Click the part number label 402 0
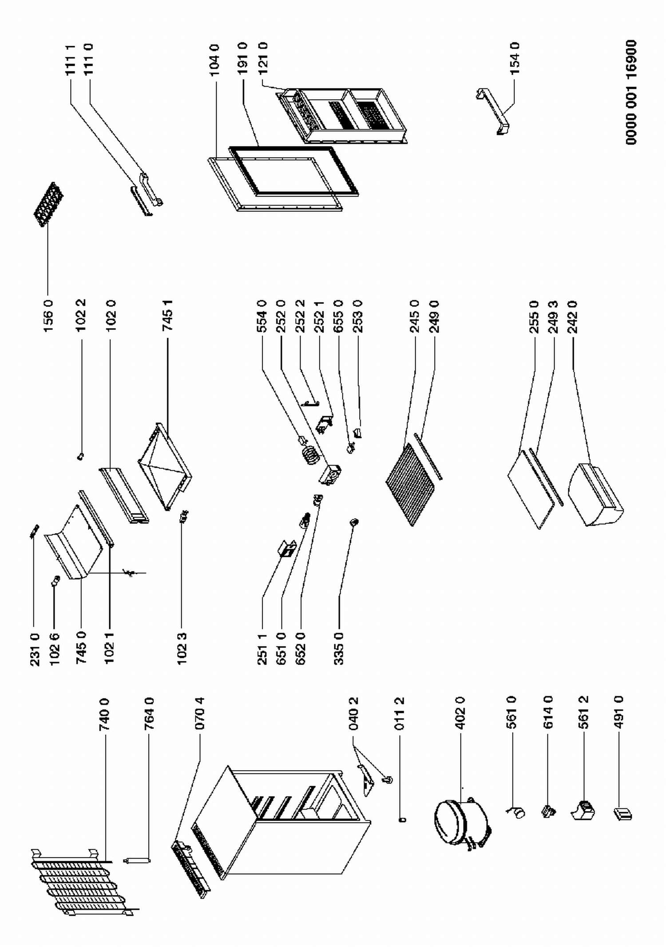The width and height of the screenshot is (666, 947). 460,713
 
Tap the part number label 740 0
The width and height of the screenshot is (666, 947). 105,715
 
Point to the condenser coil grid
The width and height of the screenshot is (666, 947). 80,879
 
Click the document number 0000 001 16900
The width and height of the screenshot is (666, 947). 631,92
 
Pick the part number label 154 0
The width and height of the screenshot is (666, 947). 515,58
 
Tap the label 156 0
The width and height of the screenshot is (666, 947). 48,316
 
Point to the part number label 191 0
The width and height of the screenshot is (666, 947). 242,58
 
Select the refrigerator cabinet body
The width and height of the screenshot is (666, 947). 284,826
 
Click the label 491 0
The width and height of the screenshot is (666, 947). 620,712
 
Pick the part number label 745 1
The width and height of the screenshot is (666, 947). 167,315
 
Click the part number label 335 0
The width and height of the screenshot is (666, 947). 339,649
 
